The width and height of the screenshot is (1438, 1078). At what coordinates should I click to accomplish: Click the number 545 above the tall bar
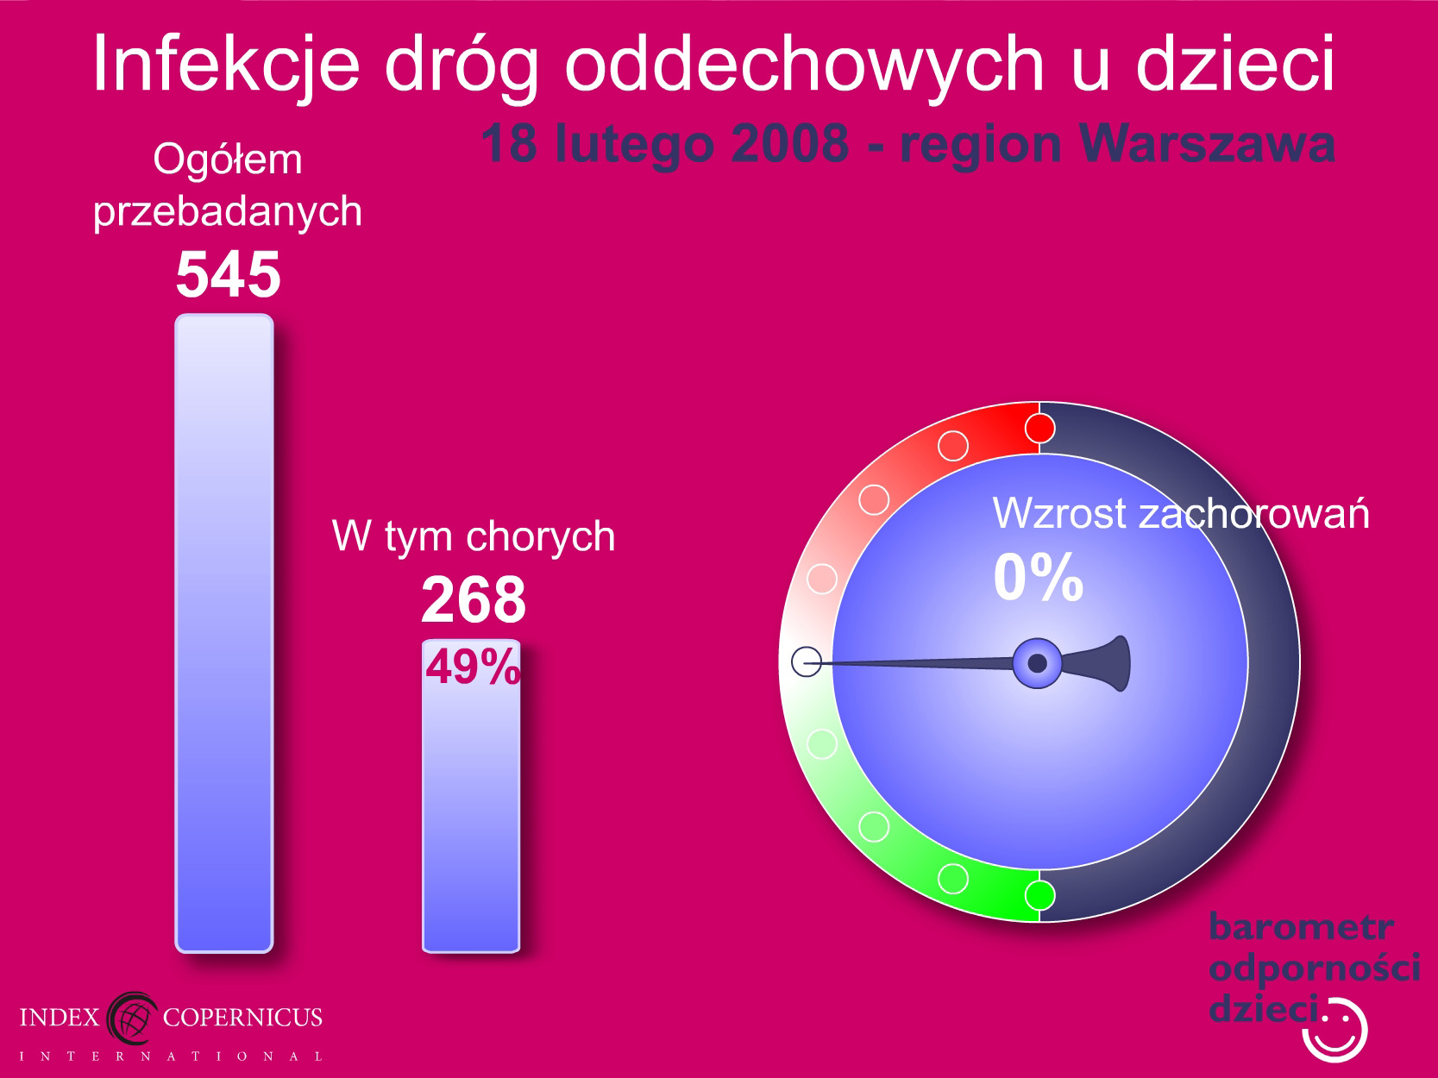[228, 273]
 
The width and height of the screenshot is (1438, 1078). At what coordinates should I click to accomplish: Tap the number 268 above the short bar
[473, 599]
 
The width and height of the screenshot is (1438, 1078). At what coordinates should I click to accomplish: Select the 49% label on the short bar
[473, 667]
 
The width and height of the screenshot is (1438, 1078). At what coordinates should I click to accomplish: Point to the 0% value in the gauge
[1039, 577]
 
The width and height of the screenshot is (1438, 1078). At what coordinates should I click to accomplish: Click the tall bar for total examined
[224, 633]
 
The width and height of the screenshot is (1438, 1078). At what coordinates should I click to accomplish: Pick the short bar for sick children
[471, 796]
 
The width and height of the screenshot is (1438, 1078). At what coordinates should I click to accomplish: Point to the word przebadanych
[228, 212]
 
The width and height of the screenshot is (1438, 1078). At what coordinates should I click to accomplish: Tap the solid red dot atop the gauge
[1039, 429]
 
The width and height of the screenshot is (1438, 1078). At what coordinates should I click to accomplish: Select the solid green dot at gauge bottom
[1039, 895]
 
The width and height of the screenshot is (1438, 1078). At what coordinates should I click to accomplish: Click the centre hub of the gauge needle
[1037, 663]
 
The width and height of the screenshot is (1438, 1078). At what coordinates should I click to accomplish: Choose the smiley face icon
[1334, 1031]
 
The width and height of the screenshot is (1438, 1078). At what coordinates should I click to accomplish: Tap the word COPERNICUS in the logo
[242, 1018]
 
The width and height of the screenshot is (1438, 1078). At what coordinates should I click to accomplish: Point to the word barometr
[1301, 927]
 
